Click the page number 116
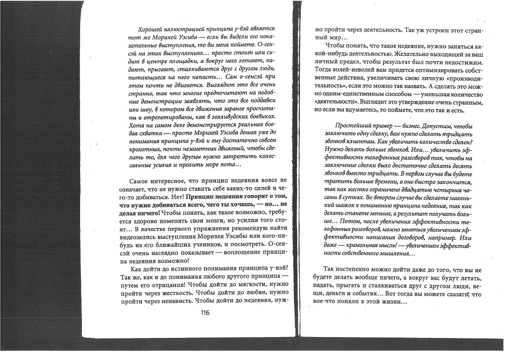point(205,313)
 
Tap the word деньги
point(336,293)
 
